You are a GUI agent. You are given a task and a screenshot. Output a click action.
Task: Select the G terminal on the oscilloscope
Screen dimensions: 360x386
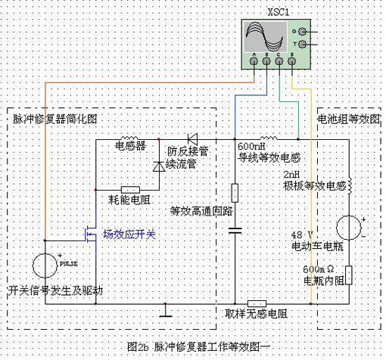coord(304,32)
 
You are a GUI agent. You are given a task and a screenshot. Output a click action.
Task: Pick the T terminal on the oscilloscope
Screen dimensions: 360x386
coord(304,45)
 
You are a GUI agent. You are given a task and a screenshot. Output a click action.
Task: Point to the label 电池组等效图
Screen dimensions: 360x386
coord(348,119)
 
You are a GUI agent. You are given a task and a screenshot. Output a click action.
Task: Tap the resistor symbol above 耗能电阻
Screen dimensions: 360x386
coord(129,188)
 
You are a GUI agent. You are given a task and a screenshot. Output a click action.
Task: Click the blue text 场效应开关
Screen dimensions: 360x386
coord(129,235)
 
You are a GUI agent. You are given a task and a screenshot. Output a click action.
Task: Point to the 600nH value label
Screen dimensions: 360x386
coord(251,147)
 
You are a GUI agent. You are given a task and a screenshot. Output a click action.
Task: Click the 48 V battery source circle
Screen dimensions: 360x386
coord(349,227)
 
